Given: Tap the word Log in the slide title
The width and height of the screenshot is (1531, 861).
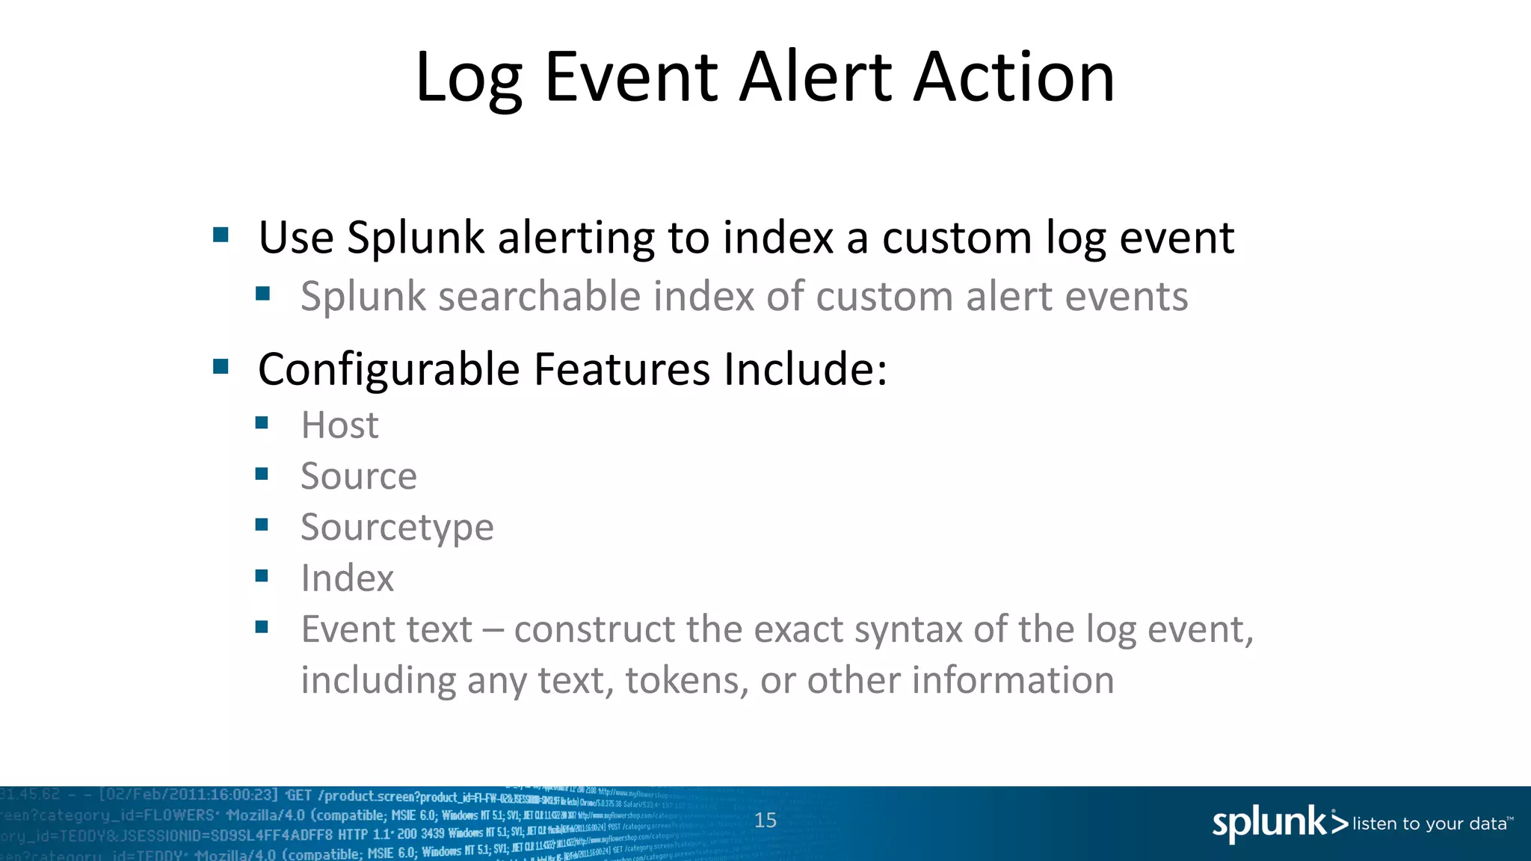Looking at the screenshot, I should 469,78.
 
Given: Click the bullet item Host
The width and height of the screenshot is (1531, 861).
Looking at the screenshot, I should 339,425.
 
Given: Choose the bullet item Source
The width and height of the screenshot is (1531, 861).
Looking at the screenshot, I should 359,476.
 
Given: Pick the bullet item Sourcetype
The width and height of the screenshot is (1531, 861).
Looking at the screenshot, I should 397,528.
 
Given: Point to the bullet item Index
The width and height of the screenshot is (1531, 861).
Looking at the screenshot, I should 347,578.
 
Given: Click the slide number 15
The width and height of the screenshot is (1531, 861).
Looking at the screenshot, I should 765,820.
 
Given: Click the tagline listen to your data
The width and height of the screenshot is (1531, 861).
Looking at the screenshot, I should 1430,824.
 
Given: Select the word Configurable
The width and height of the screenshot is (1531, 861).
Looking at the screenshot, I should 389,369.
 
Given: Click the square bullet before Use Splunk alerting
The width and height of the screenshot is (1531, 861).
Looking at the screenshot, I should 221,235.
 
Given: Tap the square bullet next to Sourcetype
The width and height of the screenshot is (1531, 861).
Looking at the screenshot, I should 262,525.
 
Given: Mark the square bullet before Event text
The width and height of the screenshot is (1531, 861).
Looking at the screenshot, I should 262,627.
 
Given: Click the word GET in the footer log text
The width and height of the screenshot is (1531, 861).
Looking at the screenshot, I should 299,795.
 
